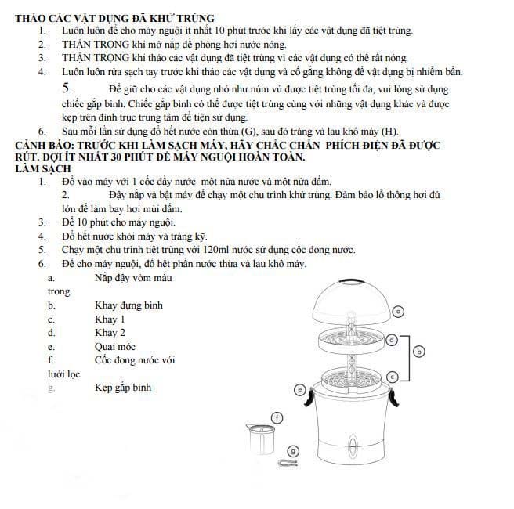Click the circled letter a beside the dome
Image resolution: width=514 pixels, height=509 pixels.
(398, 311)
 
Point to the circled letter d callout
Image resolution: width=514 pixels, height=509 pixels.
(392, 338)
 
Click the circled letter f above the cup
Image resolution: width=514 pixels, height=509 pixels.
(277, 417)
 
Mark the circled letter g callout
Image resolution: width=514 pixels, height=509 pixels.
(292, 450)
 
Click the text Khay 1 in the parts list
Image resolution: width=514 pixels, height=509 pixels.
(110, 319)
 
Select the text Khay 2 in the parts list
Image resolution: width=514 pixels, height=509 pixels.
(110, 333)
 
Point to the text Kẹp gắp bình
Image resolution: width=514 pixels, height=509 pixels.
(123, 388)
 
